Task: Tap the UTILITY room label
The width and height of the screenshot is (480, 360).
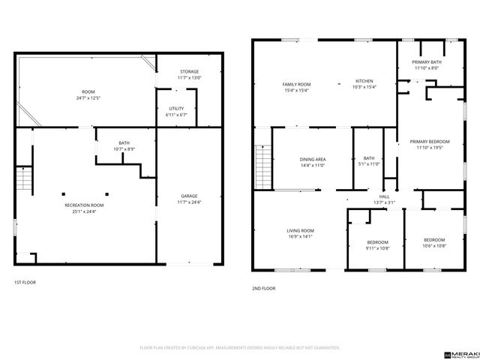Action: (176, 109)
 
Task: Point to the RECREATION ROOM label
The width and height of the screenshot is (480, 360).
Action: (83, 205)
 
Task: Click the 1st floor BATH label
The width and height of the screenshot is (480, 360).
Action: (123, 143)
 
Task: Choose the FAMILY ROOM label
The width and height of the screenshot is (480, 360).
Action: (296, 83)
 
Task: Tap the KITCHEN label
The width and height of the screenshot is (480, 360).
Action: (364, 81)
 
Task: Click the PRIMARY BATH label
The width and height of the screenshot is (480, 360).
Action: (428, 62)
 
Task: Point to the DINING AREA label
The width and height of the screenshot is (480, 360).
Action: (313, 160)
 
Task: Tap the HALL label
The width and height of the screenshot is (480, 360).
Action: (384, 197)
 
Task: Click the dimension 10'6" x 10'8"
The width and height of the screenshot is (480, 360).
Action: (434, 245)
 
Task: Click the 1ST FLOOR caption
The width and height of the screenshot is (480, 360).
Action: (25, 282)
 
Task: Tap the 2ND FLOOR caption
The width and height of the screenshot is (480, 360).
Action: (264, 288)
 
